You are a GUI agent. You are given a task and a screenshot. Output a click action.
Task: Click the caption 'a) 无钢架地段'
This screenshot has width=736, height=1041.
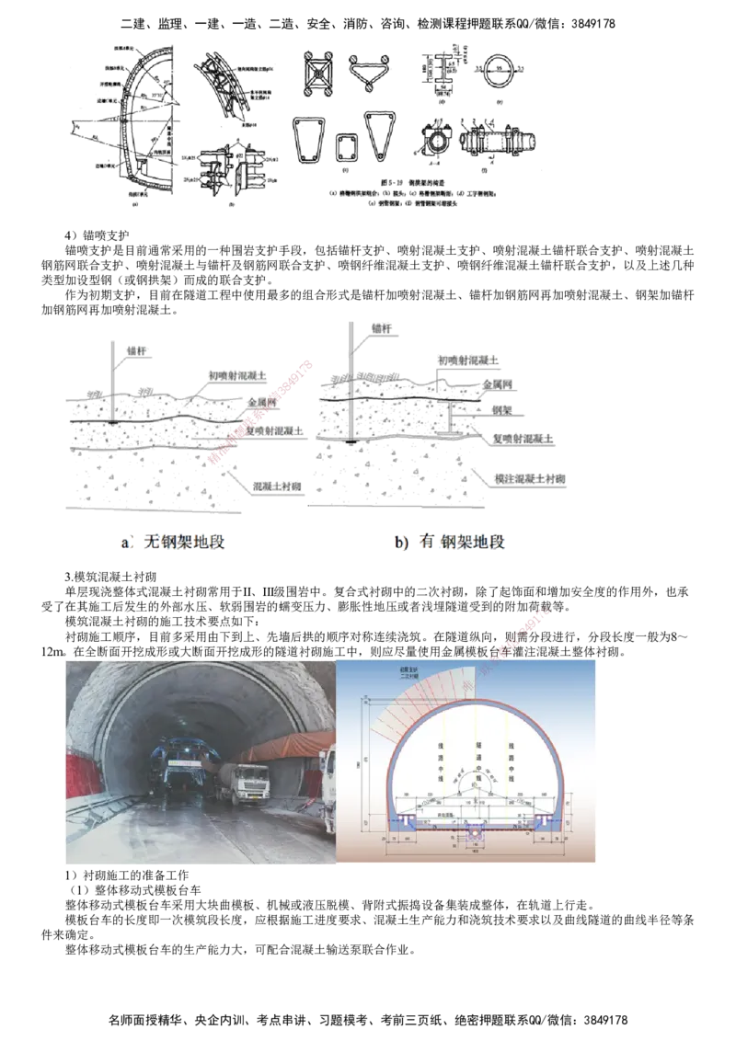click(173, 543)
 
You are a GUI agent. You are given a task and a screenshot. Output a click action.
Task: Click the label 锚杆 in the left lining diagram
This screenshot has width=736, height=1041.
click(135, 350)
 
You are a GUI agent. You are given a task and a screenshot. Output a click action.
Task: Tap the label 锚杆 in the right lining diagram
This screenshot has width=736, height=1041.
click(379, 326)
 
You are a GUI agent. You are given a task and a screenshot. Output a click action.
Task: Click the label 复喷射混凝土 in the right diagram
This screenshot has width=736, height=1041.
click(517, 440)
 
